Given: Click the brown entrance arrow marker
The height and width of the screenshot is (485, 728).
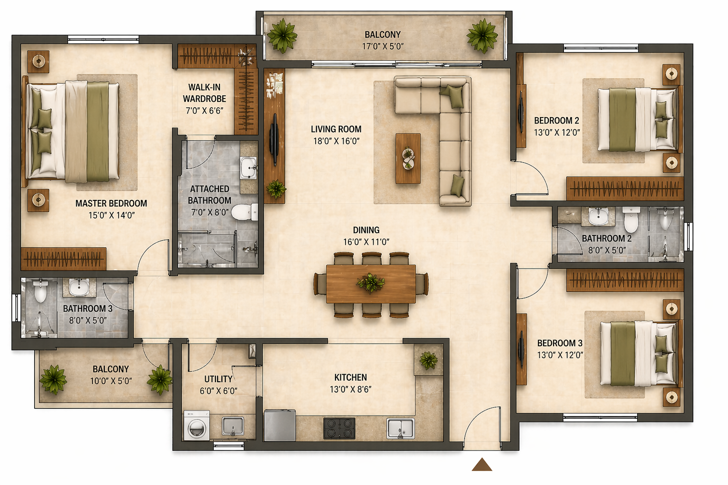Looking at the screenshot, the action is [482, 465].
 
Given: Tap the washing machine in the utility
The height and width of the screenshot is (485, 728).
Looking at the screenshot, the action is [197, 425].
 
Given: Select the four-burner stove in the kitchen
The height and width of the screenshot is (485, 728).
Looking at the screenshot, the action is [339, 428].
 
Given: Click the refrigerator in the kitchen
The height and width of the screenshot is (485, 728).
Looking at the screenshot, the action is [280, 425].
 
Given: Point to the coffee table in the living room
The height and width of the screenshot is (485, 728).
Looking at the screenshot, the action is [408, 158].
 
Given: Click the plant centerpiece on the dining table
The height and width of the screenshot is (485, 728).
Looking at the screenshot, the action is [371, 283].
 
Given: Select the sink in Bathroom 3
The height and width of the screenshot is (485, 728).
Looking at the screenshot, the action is [79, 287].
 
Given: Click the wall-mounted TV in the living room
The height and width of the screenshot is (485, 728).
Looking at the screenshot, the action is [274, 140].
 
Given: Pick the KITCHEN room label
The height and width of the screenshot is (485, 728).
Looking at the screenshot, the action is [351, 377].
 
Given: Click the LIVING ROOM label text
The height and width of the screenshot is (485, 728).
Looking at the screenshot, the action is [336, 129].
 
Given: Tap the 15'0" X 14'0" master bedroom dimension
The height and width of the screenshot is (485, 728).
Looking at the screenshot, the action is [111, 216].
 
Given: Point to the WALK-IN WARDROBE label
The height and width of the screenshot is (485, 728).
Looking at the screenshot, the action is [204, 93].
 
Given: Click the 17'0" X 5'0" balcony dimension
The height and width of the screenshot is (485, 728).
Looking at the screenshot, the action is [383, 46].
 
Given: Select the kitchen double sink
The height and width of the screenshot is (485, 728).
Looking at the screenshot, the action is [400, 428].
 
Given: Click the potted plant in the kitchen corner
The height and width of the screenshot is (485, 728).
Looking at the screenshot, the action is [428, 360].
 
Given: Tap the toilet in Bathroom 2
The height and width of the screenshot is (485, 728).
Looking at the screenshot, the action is [631, 219].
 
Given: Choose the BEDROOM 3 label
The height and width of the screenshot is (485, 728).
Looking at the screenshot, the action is [560, 343].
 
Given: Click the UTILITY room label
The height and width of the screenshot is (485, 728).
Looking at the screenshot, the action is [218, 379].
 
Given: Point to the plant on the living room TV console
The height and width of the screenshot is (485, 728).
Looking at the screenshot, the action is [276, 189].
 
